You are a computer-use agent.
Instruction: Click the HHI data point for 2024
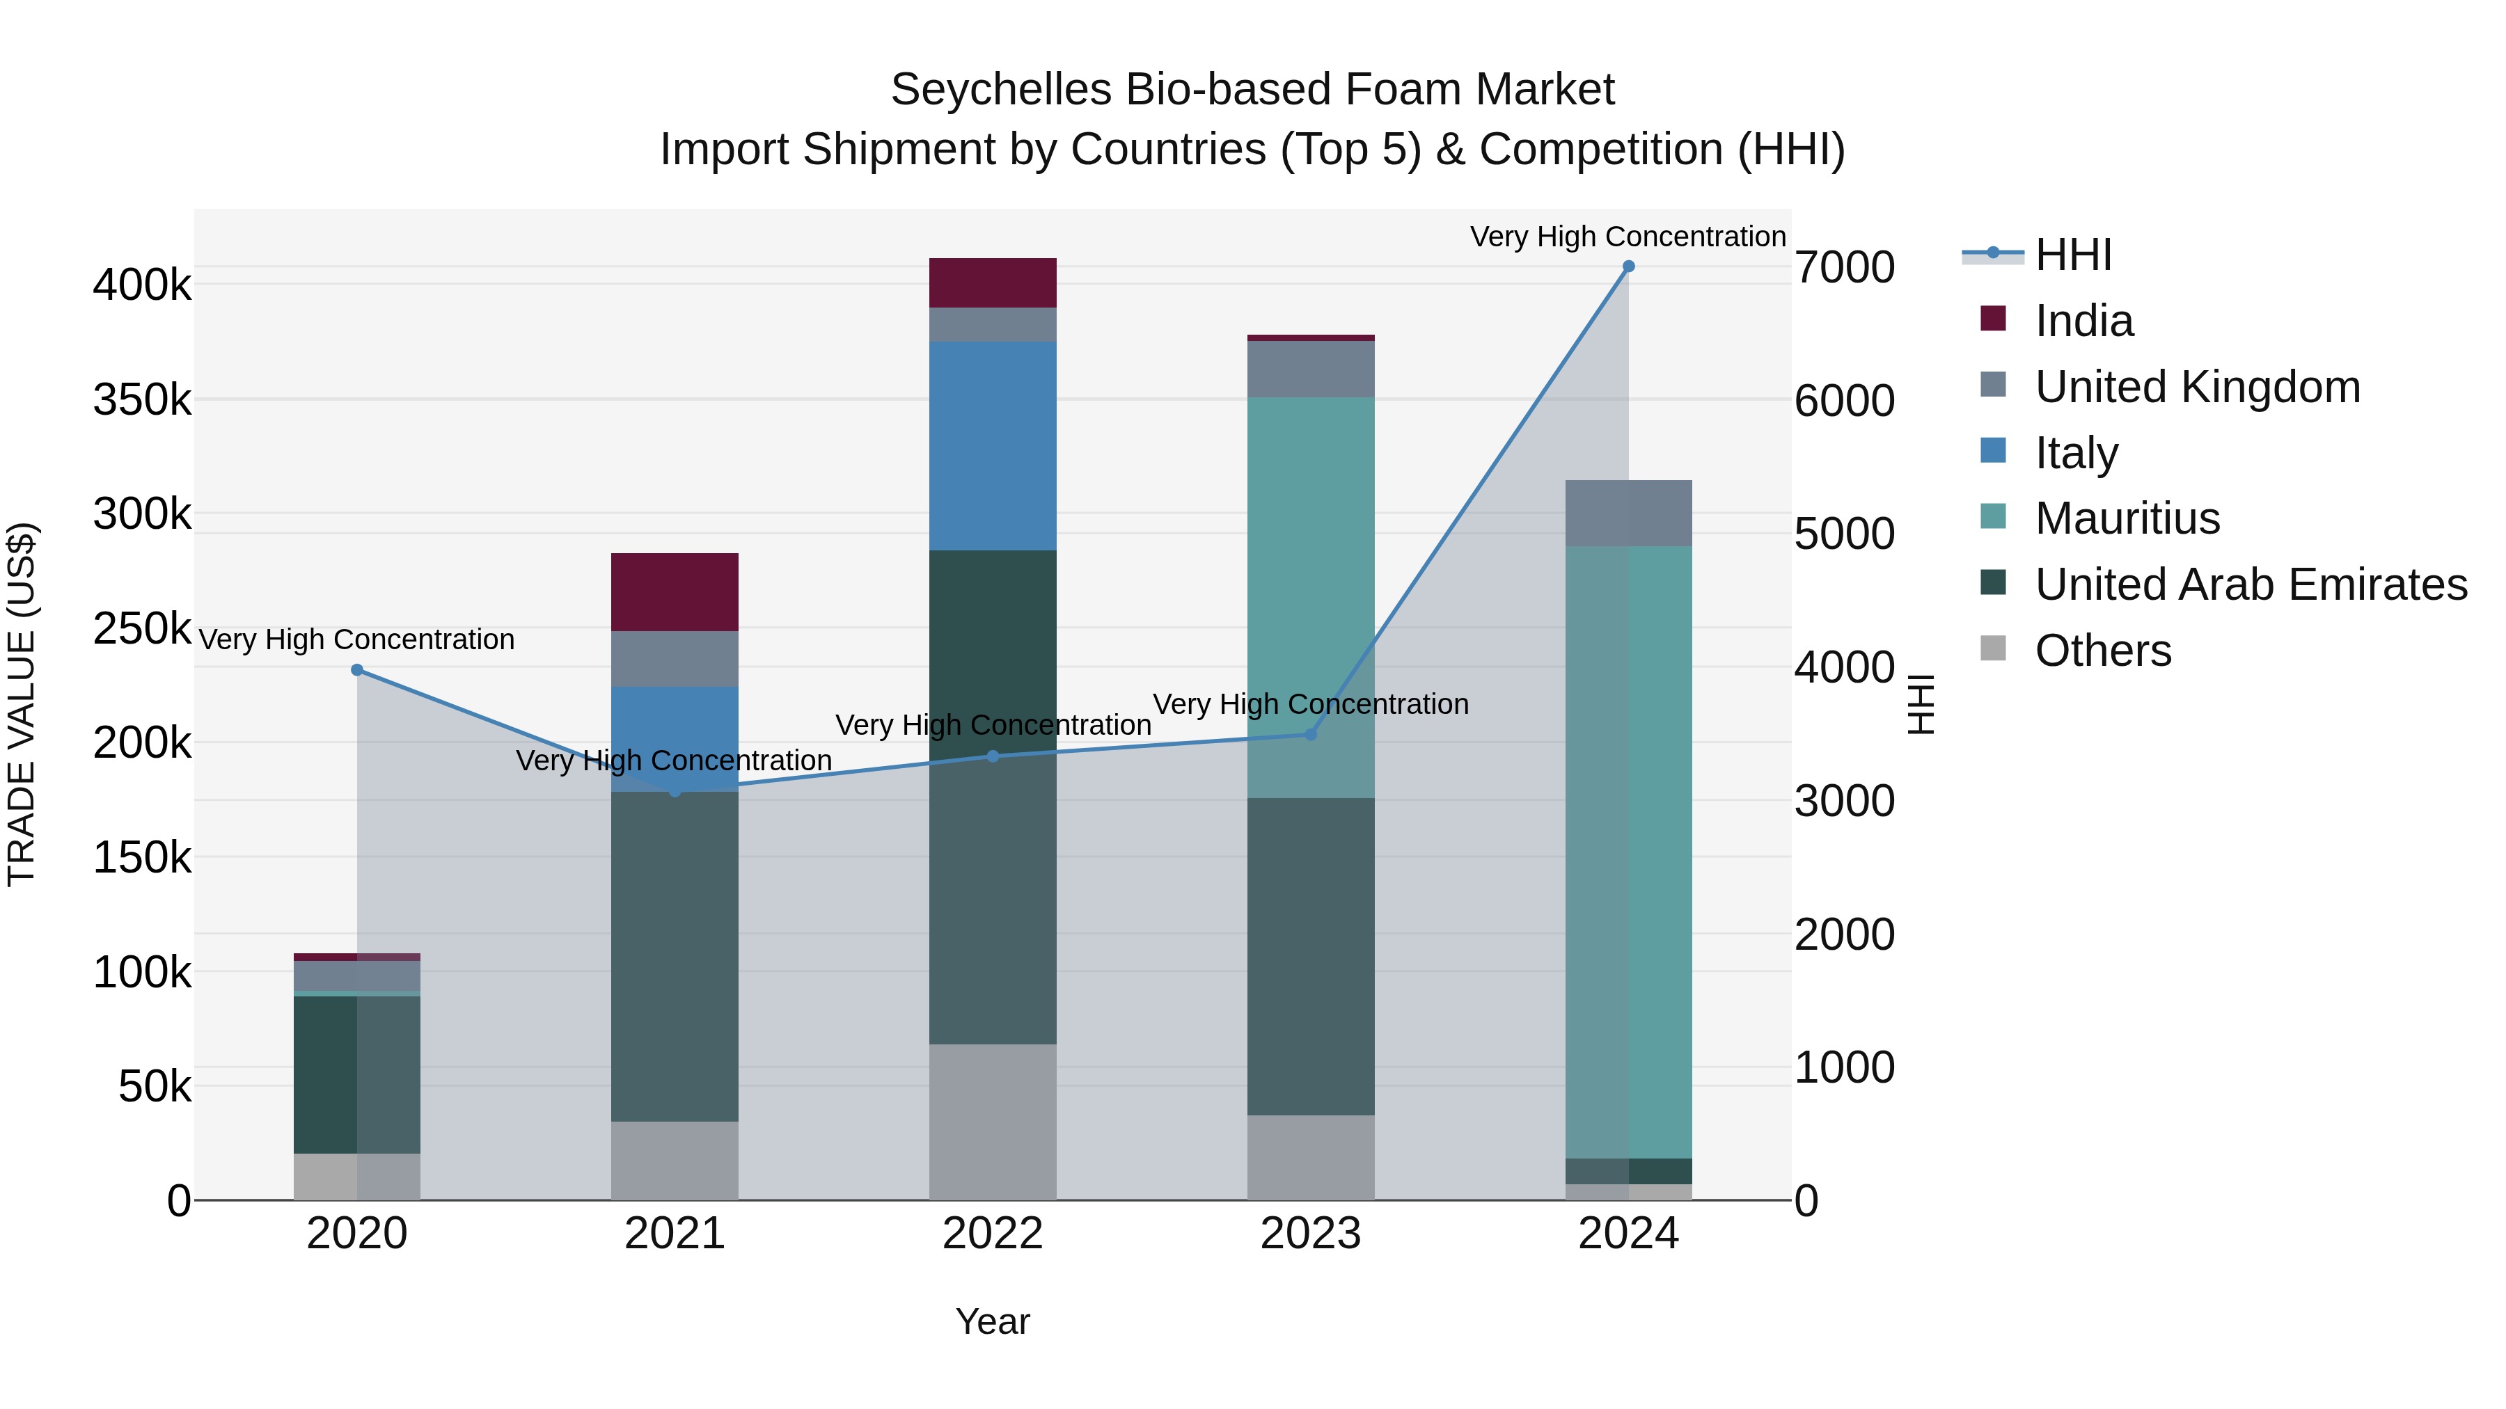[1628, 266]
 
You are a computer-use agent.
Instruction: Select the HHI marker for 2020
[357, 670]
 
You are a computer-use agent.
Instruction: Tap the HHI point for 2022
[992, 756]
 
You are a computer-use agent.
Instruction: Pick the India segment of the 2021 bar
[674, 592]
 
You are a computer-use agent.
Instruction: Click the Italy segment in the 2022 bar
[992, 445]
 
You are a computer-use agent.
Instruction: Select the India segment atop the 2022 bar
[992, 283]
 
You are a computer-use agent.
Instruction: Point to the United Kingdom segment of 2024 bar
[1628, 514]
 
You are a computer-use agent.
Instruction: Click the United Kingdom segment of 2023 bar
[1310, 369]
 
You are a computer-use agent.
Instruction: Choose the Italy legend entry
[2076, 453]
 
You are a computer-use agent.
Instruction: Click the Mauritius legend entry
[2127, 518]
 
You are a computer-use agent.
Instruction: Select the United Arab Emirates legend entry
[2250, 584]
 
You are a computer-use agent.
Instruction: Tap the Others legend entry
[2102, 651]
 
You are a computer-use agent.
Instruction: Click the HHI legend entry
[2072, 255]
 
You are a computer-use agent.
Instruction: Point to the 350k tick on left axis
[142, 399]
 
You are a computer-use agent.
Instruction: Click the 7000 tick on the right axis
[1845, 267]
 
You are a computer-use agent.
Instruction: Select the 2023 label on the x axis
[1310, 1234]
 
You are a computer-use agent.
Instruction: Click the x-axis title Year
[992, 1321]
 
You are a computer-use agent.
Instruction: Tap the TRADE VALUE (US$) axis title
[22, 704]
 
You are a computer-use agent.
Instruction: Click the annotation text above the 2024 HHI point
[1628, 237]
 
